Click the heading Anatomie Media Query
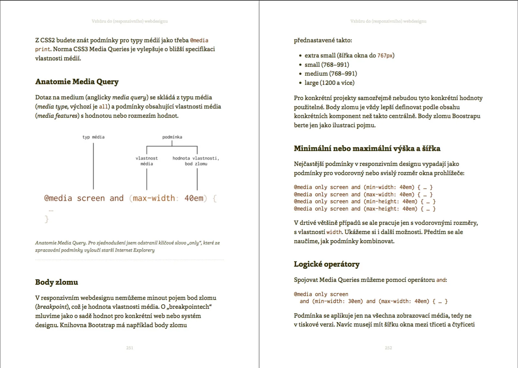(77, 82)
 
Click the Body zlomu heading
(57, 282)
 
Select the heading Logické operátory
(326, 264)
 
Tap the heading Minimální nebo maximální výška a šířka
(367, 148)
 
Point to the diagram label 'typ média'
(93, 137)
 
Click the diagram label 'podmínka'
(172, 137)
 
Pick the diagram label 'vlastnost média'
(147, 161)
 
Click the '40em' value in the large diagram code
(194, 198)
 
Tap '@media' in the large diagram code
(58, 198)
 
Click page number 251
(129, 348)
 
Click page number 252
(388, 348)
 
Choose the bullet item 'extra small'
(320, 55)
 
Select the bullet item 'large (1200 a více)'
(329, 83)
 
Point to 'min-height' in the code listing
(382, 202)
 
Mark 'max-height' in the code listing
(382, 209)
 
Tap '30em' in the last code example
(355, 301)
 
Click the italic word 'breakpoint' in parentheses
(52, 307)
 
